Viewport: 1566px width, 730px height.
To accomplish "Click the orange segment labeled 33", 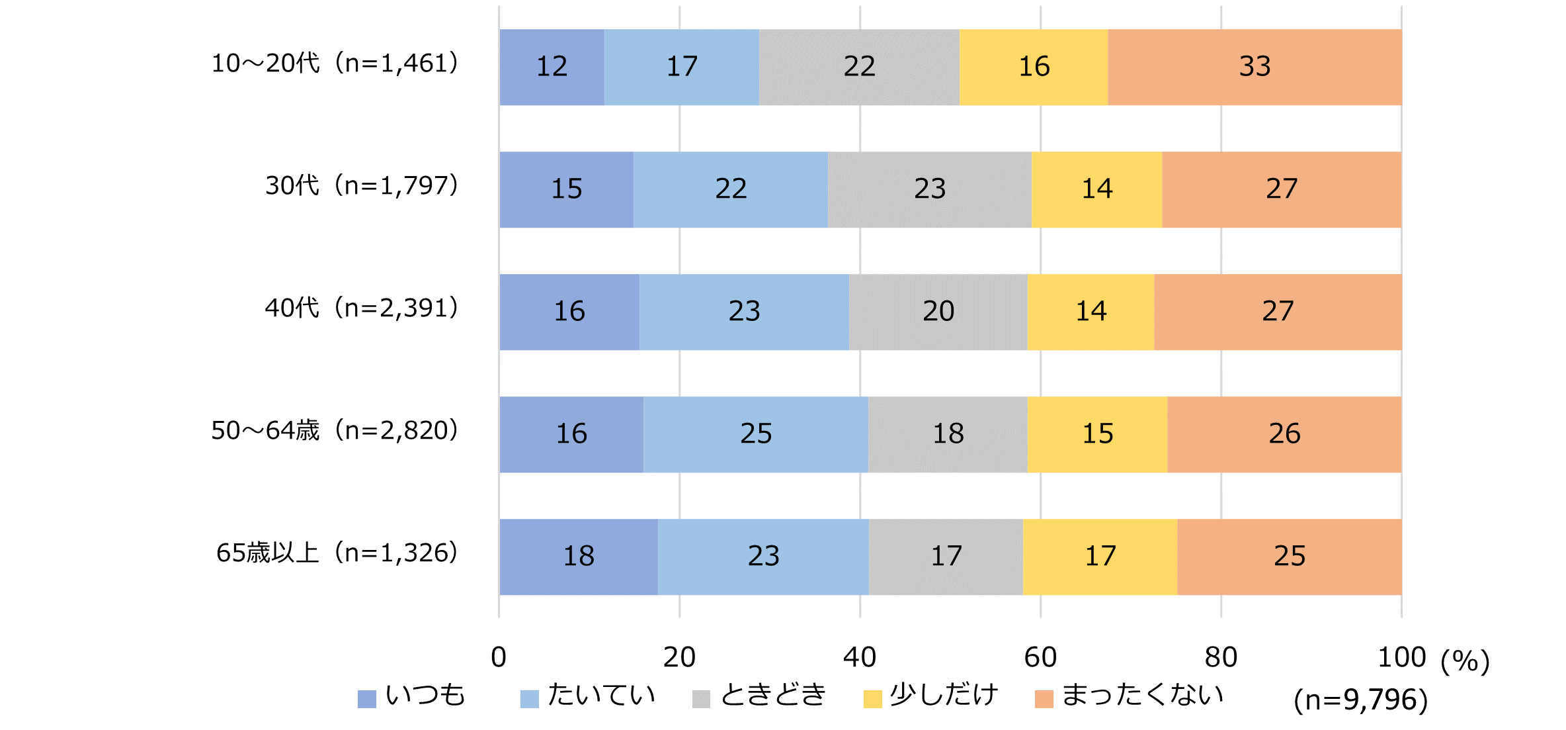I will click(1255, 67).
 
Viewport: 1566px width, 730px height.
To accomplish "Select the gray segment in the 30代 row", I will click(929, 189).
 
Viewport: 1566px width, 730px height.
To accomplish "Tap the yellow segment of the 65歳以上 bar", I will click(1100, 557).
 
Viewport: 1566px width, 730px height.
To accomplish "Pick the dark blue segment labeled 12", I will click(552, 67).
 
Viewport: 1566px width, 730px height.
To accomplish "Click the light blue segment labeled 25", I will click(755, 434).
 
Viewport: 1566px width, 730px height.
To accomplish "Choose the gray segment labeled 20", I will click(938, 312).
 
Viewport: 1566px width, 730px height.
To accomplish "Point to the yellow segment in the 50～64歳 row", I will click(1097, 434).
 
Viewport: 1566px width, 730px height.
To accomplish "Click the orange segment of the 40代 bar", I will click(1277, 312).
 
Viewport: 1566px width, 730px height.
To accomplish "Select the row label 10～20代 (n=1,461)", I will click(335, 64).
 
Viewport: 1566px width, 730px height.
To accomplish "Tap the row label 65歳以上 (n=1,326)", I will click(337, 553).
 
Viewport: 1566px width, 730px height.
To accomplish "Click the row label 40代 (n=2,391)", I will click(362, 308).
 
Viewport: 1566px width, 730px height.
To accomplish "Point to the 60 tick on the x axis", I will click(1040, 657).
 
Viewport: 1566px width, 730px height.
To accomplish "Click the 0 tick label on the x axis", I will click(499, 657).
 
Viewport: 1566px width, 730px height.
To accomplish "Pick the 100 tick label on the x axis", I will click(1401, 657).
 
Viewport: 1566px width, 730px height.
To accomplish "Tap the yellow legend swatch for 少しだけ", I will click(872, 699).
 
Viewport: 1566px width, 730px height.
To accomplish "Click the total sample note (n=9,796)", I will click(1360, 700).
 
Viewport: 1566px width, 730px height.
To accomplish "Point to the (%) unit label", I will click(1465, 661).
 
